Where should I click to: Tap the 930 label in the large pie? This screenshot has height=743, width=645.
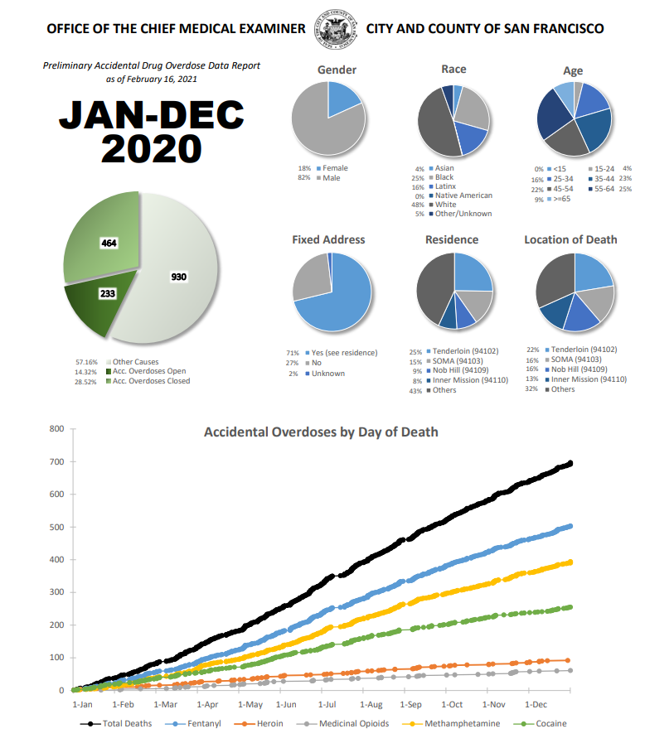pyautogui.click(x=178, y=277)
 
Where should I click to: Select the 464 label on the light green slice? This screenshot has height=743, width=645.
pyautogui.click(x=109, y=243)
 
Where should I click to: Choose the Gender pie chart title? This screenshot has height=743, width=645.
pyautogui.click(x=337, y=70)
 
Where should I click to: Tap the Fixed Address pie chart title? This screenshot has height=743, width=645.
pyautogui.click(x=328, y=240)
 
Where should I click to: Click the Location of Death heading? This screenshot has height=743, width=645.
pyautogui.click(x=570, y=240)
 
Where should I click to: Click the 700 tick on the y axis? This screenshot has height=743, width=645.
pyautogui.click(x=56, y=461)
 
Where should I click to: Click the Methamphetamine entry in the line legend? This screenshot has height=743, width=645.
pyautogui.click(x=460, y=723)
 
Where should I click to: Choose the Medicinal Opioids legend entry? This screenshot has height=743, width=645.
pyautogui.click(x=349, y=723)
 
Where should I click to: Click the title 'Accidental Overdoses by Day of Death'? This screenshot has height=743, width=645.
pyautogui.click(x=321, y=432)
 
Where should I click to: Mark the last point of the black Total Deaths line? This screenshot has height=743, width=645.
pyautogui.click(x=570, y=463)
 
